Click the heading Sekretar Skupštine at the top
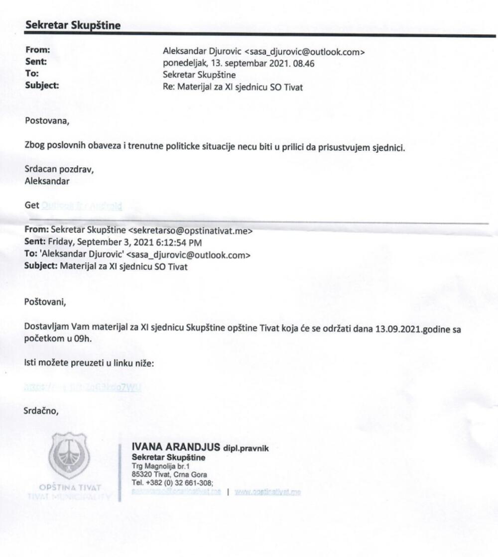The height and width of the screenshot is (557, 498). pos(73,26)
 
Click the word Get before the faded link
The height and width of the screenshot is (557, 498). pos(32,205)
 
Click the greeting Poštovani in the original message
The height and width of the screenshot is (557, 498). pos(45,301)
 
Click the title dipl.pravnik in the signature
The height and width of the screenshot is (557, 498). pos(246,448)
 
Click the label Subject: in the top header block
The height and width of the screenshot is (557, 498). pos(42,85)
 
